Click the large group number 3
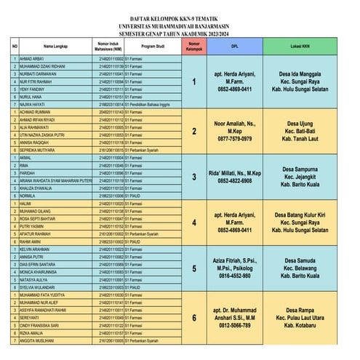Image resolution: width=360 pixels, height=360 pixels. click(x=194, y=176)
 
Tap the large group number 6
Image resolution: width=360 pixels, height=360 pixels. click(x=194, y=317)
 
